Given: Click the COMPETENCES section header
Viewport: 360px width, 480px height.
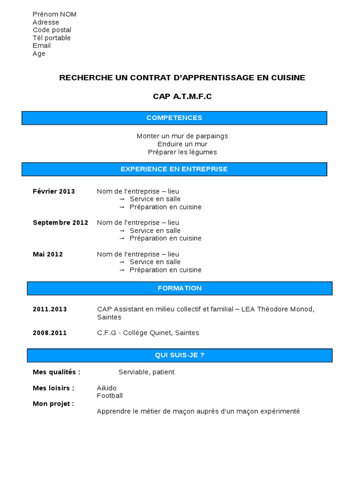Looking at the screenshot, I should (x=174, y=118).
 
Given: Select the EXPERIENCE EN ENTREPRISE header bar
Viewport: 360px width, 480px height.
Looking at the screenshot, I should (x=174, y=169).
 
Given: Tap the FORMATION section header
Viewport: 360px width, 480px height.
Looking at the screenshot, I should (x=180, y=288).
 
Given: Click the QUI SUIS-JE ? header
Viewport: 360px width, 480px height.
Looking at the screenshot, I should (x=180, y=355).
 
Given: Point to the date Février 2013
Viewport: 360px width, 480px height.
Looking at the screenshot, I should (x=54, y=191).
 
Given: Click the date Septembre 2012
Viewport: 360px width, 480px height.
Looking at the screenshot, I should (x=60, y=223).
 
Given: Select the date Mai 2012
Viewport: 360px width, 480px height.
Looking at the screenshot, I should (x=48, y=254).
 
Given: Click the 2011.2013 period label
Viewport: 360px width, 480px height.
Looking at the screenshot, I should (x=50, y=309).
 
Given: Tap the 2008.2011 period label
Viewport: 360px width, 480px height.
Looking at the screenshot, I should (x=50, y=333).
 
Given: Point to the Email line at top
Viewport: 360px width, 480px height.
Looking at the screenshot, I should (x=42, y=45).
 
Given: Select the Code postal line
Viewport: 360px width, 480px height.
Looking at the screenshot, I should (x=52, y=30).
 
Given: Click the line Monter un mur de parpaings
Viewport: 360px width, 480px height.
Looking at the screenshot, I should (x=182, y=136).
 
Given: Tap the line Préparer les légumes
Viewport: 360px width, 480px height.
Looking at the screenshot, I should (x=182, y=152).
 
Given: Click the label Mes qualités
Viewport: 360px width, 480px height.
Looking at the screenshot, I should (x=57, y=372).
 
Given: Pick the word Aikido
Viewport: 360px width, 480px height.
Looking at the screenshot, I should (x=107, y=388).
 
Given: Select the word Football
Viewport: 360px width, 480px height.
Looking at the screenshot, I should (x=110, y=396).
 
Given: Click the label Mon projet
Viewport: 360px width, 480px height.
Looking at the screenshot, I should (x=53, y=404).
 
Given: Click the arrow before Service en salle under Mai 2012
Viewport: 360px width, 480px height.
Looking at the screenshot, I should (x=122, y=262).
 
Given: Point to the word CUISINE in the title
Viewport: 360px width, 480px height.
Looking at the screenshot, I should (x=288, y=77).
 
